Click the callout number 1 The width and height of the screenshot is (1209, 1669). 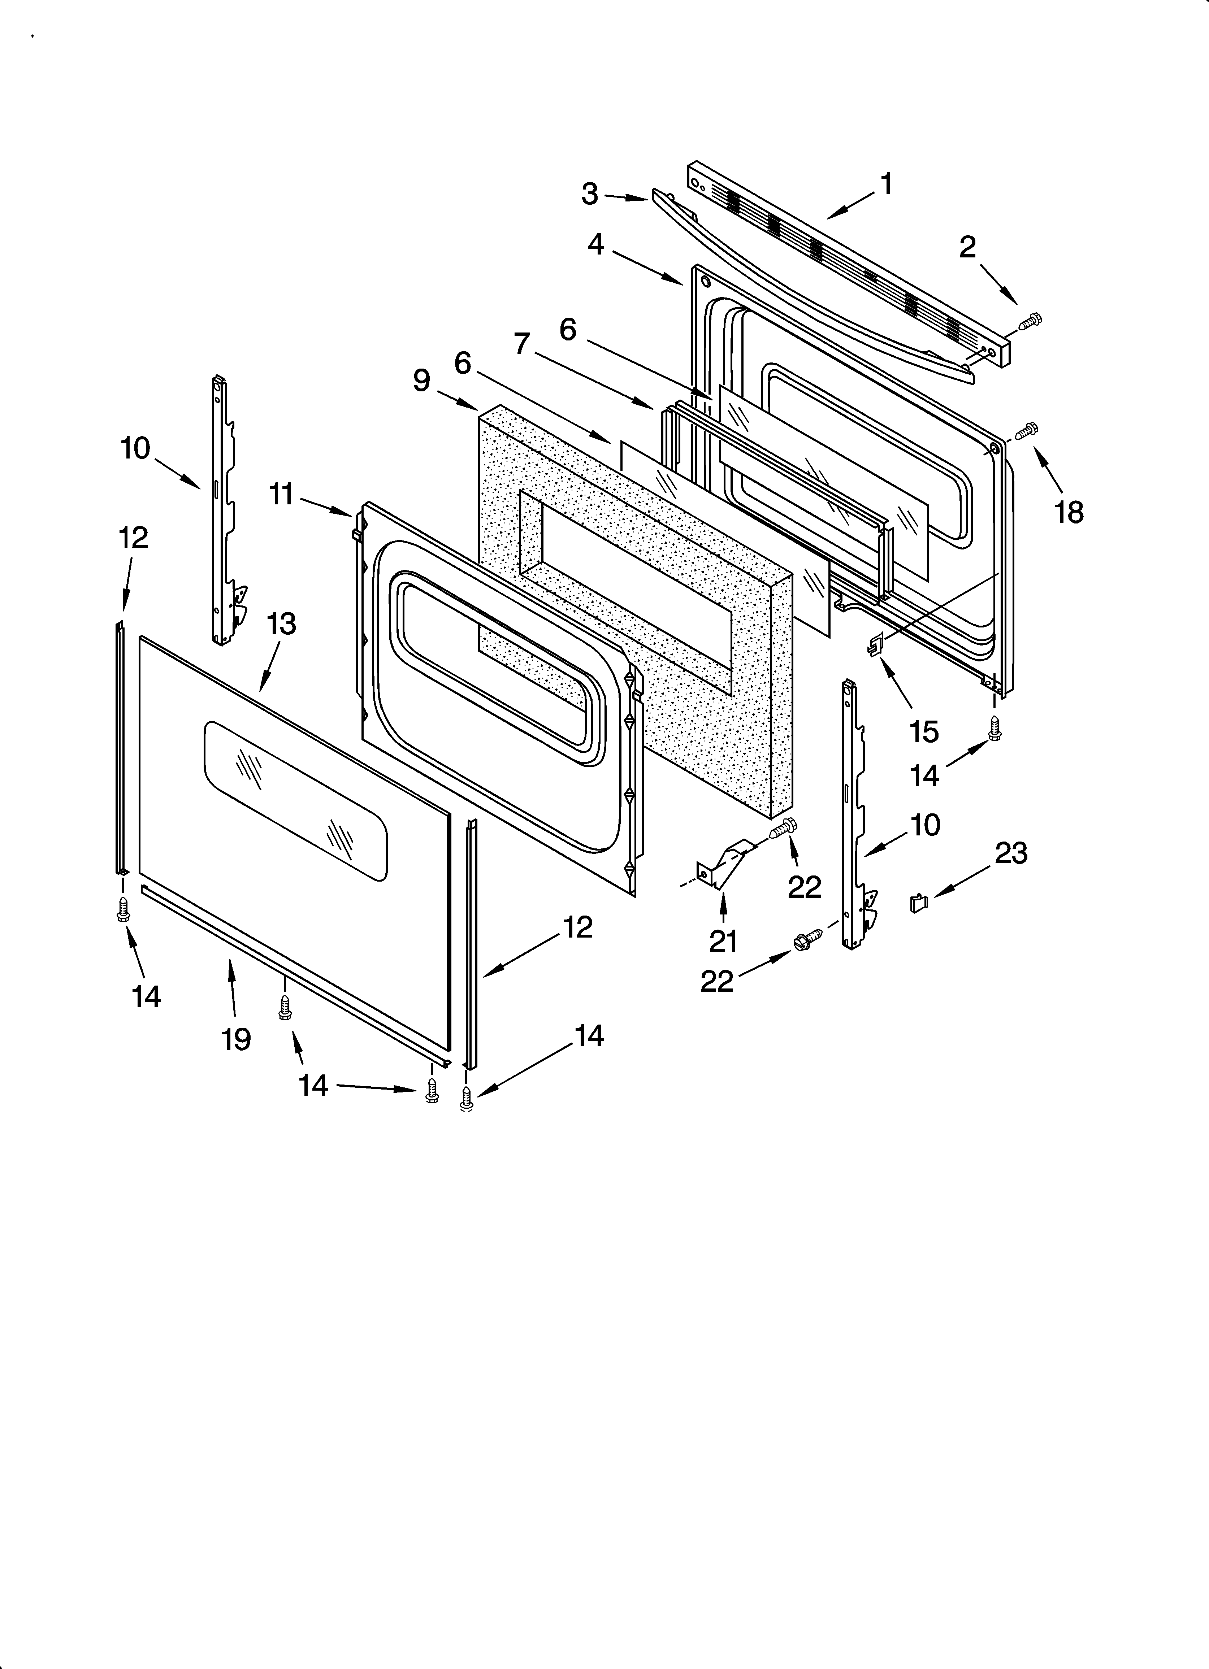click(887, 184)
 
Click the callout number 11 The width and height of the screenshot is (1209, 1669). click(281, 495)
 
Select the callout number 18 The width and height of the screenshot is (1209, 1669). click(1069, 512)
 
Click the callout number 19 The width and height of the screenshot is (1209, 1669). click(237, 1039)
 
